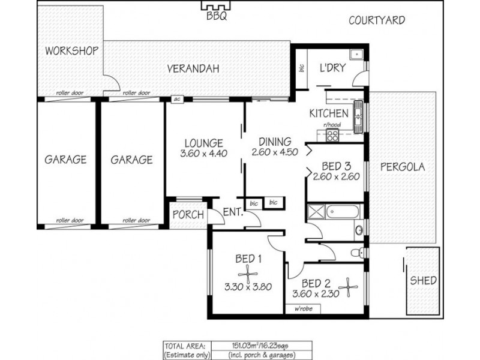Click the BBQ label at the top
217,16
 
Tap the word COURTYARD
377,20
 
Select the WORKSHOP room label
71,51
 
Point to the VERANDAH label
193,68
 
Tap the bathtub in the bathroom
342,212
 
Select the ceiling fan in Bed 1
248,274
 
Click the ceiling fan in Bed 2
348,287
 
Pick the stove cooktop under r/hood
332,136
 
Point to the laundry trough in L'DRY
356,55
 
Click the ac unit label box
177,99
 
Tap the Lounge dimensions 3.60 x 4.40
203,153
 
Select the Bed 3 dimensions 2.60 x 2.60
336,176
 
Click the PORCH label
188,215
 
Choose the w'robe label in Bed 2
304,308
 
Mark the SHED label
423,280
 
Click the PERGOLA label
403,167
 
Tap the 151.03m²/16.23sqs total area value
260,346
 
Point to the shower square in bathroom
316,212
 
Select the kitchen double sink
358,116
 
